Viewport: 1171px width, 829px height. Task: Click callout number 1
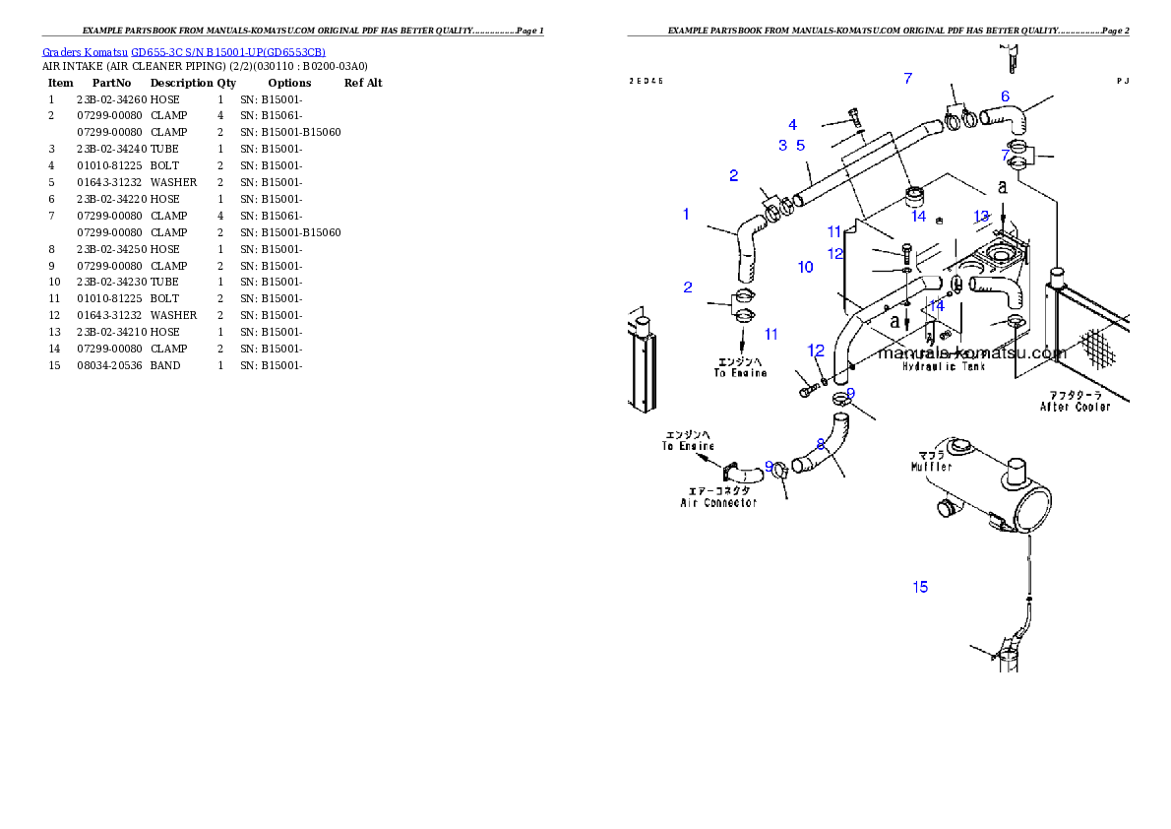coord(686,215)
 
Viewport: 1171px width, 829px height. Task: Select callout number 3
coord(783,146)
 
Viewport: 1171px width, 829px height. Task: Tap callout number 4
coord(792,125)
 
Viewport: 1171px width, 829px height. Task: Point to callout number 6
coord(1005,96)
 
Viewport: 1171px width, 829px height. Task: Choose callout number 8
coord(820,444)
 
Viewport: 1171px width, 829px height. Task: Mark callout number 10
coord(805,267)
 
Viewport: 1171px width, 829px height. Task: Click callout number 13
coord(981,217)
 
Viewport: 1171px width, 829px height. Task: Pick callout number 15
coord(920,588)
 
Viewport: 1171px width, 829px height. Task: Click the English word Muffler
coord(931,467)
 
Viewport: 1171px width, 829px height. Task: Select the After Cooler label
coord(1075,407)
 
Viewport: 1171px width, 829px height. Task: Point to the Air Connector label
coord(718,503)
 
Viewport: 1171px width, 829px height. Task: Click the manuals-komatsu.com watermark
coord(971,352)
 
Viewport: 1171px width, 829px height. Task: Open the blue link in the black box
coord(184,52)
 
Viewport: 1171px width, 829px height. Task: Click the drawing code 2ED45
coord(646,81)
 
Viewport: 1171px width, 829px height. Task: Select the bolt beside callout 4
coord(853,117)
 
